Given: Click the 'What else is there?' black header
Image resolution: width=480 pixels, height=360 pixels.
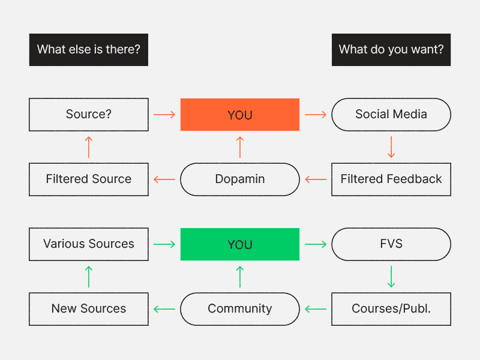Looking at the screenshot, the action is pyautogui.click(x=89, y=50).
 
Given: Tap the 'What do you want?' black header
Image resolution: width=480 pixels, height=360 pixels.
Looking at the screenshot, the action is pyautogui.click(x=391, y=50).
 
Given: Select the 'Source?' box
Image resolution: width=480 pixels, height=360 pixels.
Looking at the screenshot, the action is pyautogui.click(x=89, y=115).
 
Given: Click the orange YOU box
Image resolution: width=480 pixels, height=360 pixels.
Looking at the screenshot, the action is pyautogui.click(x=240, y=115).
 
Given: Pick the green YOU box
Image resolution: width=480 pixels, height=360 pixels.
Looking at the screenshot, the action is pyautogui.click(x=240, y=244).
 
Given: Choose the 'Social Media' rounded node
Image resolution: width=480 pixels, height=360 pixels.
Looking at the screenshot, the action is pyautogui.click(x=391, y=115).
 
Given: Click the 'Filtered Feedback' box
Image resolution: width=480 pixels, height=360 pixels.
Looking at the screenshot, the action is pyautogui.click(x=391, y=179).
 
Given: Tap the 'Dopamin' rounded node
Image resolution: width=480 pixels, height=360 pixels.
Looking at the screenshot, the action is pyautogui.click(x=240, y=179).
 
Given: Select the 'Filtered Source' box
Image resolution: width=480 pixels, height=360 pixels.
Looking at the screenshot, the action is pyautogui.click(x=89, y=179).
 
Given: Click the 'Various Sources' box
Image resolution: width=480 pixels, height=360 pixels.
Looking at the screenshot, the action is pyautogui.click(x=89, y=244).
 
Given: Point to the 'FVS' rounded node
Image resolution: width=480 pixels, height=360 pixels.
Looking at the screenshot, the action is pyautogui.click(x=391, y=244).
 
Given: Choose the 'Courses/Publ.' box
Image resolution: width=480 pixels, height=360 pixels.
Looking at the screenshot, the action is pyautogui.click(x=391, y=309).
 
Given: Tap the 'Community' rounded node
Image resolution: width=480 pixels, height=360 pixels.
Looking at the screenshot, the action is pyautogui.click(x=240, y=309).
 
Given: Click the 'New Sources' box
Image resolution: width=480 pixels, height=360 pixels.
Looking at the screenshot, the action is pyautogui.click(x=89, y=309).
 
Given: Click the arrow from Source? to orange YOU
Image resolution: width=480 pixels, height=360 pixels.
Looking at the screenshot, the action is pyautogui.click(x=164, y=115).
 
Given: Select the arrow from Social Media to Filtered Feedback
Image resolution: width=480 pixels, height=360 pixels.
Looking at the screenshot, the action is pyautogui.click(x=391, y=147).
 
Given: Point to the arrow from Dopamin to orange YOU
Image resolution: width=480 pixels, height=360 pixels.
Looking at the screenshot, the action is pyautogui.click(x=240, y=147).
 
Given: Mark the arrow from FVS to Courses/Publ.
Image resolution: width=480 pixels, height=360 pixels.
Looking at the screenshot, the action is pyautogui.click(x=391, y=277).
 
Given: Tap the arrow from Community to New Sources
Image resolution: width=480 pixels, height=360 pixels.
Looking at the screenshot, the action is pyautogui.click(x=164, y=309).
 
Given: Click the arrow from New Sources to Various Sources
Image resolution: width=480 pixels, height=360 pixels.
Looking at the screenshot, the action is pyautogui.click(x=89, y=277).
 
